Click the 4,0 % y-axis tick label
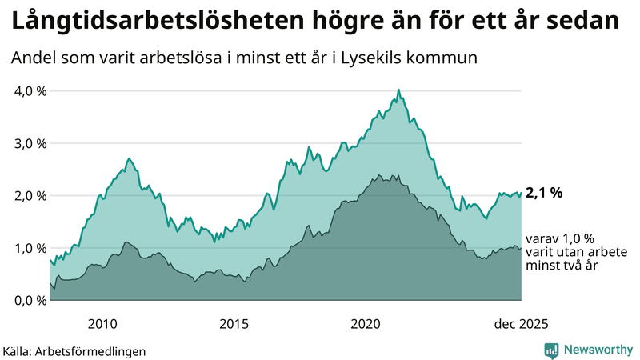31,90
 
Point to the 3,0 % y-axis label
31,143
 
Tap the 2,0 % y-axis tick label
31,195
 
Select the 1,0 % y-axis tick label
31,248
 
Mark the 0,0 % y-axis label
31,300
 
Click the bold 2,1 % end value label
545,192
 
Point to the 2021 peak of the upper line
398,90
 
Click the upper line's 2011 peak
130,158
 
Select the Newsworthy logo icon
552,350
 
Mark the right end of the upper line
521,192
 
